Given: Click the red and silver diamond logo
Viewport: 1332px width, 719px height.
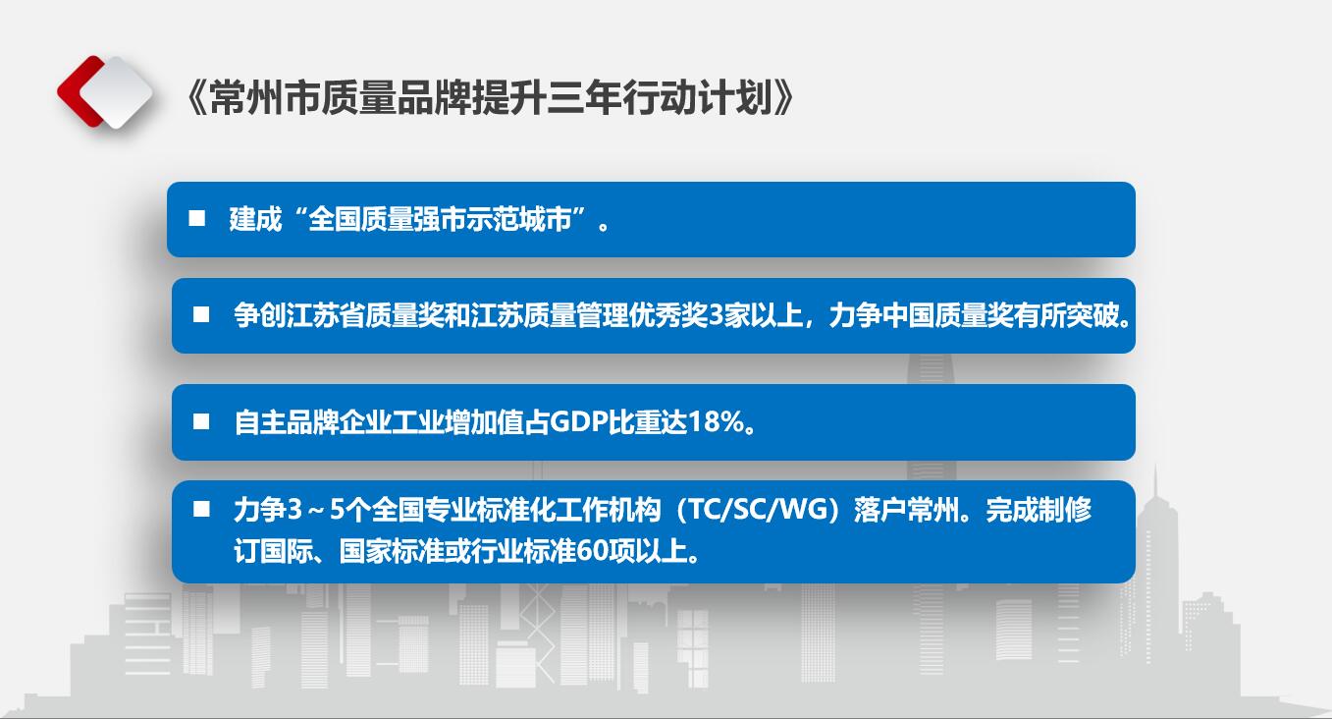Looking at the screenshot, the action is click(x=105, y=91).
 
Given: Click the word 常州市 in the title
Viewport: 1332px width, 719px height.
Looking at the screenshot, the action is click(x=265, y=97).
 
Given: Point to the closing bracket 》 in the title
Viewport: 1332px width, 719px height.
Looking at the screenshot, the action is click(x=783, y=97).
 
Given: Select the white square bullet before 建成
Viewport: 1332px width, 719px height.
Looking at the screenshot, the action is click(x=197, y=218).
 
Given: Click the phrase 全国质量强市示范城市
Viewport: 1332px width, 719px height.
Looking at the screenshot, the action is click(x=440, y=219).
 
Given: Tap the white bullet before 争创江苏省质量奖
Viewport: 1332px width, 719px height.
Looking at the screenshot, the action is click(x=201, y=315).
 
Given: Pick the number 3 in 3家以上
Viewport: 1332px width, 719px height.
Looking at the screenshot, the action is click(x=716, y=315).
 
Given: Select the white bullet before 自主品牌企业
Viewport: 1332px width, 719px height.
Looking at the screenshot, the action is click(x=201, y=422).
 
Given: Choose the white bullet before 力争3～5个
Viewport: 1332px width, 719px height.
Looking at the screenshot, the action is click(x=201, y=509).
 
